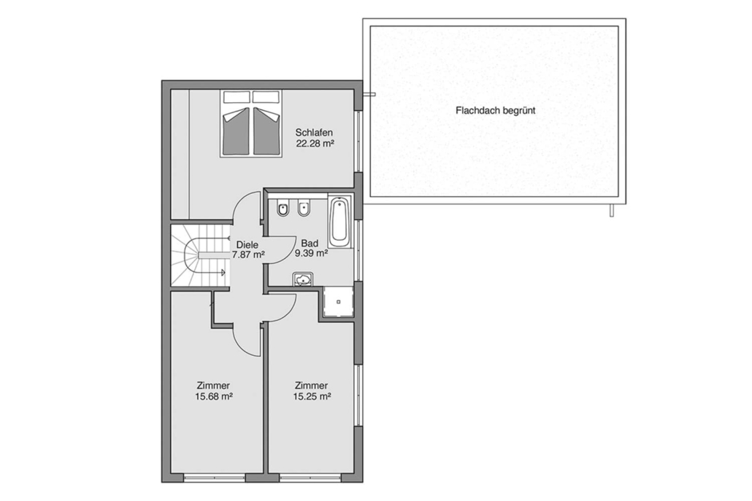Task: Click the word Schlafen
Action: click(314, 132)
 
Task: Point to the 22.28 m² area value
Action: click(315, 144)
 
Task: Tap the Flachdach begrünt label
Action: click(496, 111)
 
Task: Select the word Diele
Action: click(248, 245)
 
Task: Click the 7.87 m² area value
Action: click(248, 255)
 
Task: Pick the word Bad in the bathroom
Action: click(310, 244)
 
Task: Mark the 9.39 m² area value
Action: click(311, 253)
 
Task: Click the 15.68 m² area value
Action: click(214, 396)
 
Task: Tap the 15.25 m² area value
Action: click(312, 396)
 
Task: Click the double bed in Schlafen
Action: click(251, 123)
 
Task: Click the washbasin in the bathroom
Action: click(303, 279)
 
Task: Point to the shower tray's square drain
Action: click(339, 302)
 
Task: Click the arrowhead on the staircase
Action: click(223, 273)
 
